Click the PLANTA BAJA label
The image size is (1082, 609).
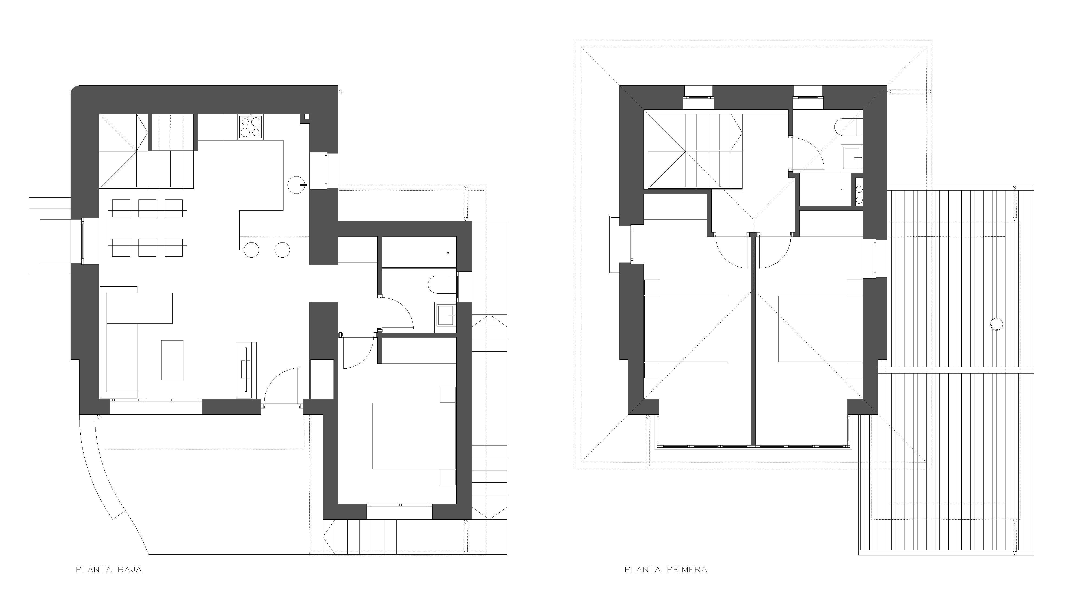point(109,570)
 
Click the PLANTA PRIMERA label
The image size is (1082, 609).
point(666,570)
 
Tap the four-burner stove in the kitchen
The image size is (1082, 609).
point(251,127)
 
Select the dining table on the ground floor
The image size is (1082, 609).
point(147,228)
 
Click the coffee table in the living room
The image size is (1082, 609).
point(172,360)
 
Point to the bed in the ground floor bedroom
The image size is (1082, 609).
point(414,436)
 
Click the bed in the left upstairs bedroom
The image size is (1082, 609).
point(685,329)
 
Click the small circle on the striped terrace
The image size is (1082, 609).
point(996,324)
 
